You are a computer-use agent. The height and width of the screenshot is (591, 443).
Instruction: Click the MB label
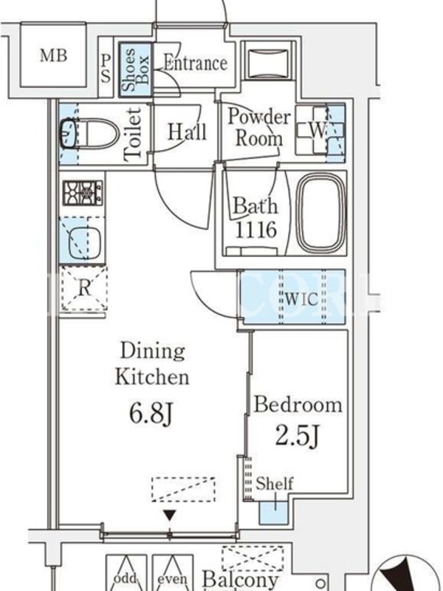(53, 56)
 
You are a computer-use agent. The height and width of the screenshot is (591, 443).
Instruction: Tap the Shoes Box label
(137, 70)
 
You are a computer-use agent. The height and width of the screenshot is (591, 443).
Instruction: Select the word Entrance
(196, 63)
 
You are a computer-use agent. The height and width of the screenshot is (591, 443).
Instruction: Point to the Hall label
(188, 132)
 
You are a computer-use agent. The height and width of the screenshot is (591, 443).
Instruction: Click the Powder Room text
(259, 127)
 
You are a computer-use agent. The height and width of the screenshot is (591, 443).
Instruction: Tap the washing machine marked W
(320, 131)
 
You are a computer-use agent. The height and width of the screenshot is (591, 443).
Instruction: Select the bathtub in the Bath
(321, 213)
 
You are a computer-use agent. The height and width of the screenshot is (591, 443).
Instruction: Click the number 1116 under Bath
(255, 229)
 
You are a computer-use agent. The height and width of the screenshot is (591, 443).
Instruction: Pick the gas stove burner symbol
(83, 193)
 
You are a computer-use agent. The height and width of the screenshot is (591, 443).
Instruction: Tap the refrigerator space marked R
(84, 288)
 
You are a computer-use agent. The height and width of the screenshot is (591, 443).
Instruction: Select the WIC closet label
(301, 299)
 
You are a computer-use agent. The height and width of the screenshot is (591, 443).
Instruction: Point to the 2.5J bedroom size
(298, 436)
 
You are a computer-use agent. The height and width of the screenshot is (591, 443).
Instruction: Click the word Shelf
(274, 483)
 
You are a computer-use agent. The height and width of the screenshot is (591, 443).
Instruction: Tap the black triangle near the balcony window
(171, 515)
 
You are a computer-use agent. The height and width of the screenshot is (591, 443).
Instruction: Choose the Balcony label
(241, 580)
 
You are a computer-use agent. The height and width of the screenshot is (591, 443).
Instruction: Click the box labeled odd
(126, 573)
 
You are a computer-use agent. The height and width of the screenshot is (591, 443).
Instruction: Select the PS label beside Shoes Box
(106, 68)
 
